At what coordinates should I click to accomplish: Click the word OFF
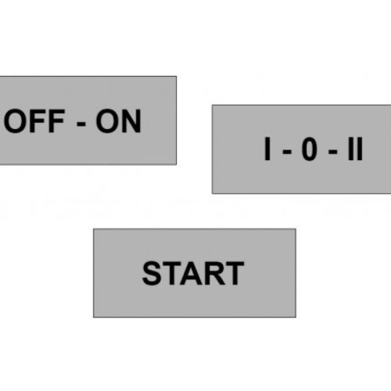pos(34,121)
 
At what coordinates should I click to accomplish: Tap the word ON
pos(119,121)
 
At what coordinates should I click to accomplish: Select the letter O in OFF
pos(15,121)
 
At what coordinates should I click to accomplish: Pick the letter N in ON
pos(131,121)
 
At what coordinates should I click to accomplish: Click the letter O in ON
pos(107,121)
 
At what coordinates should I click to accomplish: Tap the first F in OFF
pos(38,121)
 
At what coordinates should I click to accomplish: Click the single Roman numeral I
pos(267,149)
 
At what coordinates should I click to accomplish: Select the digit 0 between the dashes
pos(310,149)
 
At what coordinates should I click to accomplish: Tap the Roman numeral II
pos(355,149)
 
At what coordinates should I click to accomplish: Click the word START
pos(193,273)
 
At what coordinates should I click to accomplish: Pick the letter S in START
pos(152,273)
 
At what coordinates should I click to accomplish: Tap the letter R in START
pos(217,273)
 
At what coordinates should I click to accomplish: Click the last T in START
pos(235,273)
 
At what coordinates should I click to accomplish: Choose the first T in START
pos(173,273)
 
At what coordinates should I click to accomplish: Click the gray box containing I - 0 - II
pos(302,149)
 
